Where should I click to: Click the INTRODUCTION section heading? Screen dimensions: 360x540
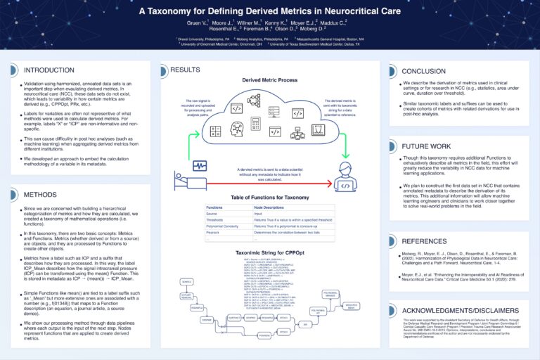pyautogui.click(x=49, y=70)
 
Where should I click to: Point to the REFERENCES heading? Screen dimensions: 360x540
pyautogui.click(x=424, y=240)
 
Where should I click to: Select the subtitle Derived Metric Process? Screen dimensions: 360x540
pyautogui.click(x=269, y=81)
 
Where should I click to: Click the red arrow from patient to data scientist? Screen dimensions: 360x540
pyautogui.click(x=267, y=184)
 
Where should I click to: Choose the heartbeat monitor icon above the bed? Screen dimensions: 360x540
pyautogui.click(x=200, y=166)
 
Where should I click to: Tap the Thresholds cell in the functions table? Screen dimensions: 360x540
pyautogui.click(x=215, y=221)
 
